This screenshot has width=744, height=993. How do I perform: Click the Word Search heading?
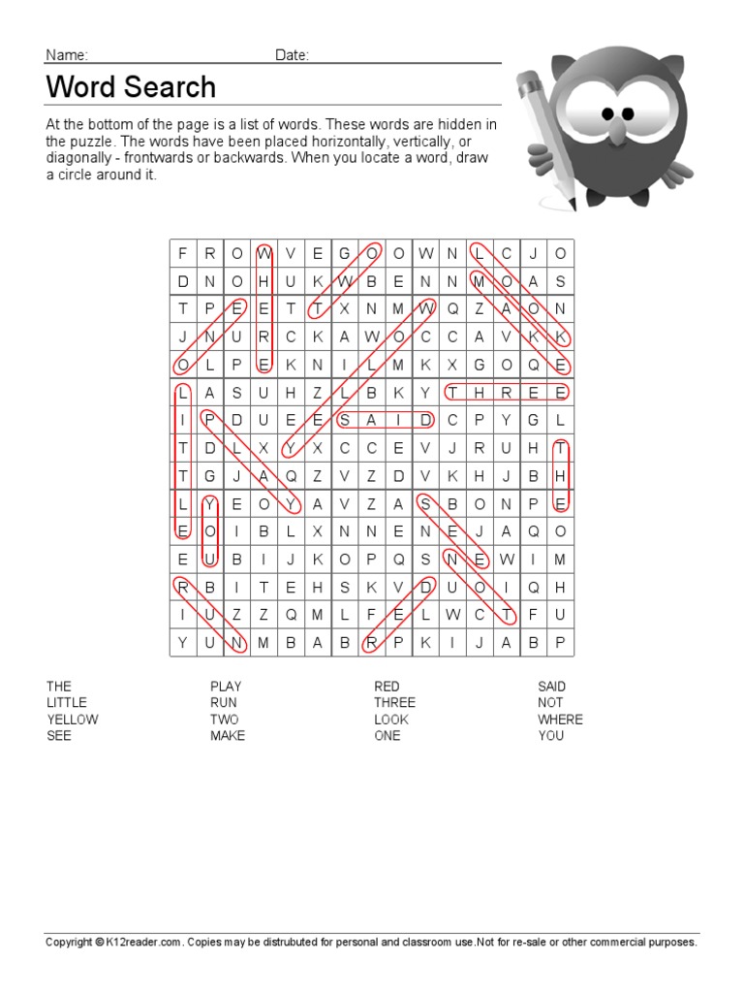[131, 87]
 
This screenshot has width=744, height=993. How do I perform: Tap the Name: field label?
[67, 55]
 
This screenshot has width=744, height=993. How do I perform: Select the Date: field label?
[292, 55]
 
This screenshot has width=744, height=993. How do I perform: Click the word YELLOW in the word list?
[73, 720]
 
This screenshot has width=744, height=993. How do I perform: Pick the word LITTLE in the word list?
[67, 703]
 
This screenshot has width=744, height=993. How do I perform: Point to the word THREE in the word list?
[394, 703]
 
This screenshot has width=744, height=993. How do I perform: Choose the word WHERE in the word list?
[560, 720]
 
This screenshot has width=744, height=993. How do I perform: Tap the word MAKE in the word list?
[228, 736]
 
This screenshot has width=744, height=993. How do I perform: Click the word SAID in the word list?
[551, 687]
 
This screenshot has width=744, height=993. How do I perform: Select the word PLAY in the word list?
[226, 687]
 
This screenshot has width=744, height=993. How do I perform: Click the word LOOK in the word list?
[391, 720]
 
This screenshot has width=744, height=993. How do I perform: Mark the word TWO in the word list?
[224, 720]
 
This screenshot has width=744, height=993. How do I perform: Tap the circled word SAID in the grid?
[385, 420]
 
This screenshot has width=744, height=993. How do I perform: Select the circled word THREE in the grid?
[506, 393]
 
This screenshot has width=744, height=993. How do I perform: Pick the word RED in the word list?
[387, 687]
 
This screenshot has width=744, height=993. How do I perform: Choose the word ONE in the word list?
[387, 736]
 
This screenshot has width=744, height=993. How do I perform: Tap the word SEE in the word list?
[59, 736]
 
